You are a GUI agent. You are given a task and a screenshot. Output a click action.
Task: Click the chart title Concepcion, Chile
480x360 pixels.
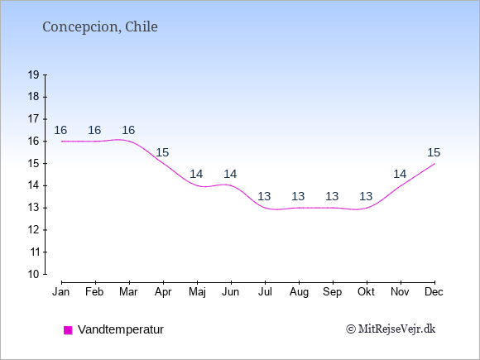pyautogui.click(x=100, y=27)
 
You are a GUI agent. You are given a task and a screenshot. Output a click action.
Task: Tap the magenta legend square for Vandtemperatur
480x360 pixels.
pyautogui.click(x=68, y=330)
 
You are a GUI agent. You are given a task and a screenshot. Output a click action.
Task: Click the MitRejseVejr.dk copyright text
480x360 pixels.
pyautogui.click(x=391, y=329)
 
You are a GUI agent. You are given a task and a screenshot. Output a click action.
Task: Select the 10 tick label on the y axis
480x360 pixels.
pyautogui.click(x=34, y=274)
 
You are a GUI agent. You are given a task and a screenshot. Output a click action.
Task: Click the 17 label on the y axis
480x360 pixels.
pyautogui.click(x=34, y=119)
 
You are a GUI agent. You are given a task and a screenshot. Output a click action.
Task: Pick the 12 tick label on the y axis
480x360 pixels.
pyautogui.click(x=34, y=229)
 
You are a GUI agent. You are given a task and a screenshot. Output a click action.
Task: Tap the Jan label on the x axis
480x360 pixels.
pyautogui.click(x=61, y=292)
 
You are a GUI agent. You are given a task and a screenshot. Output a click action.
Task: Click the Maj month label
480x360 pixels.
pyautogui.click(x=197, y=292)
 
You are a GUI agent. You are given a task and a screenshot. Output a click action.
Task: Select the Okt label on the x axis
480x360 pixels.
pyautogui.click(x=367, y=292)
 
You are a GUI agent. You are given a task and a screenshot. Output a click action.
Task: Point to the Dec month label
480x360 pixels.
pyautogui.click(x=434, y=292)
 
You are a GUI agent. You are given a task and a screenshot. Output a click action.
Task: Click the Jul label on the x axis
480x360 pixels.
pyautogui.click(x=265, y=292)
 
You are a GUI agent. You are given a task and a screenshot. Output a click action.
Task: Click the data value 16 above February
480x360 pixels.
pyautogui.click(x=94, y=130)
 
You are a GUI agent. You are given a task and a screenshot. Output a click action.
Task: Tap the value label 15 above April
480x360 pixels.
pyautogui.click(x=162, y=152)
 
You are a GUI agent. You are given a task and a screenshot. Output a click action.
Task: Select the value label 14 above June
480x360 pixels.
pyautogui.click(x=230, y=174)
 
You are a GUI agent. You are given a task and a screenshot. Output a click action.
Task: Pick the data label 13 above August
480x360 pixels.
pyautogui.click(x=298, y=196)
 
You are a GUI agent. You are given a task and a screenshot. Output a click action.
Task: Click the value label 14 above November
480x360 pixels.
pyautogui.click(x=400, y=174)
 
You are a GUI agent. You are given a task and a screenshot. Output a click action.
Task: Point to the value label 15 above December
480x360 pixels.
pyautogui.click(x=434, y=152)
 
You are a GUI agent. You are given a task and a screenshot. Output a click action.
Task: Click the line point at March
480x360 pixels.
pyautogui.click(x=129, y=142)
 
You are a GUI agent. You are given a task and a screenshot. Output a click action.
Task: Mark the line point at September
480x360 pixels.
pyautogui.click(x=333, y=208)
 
